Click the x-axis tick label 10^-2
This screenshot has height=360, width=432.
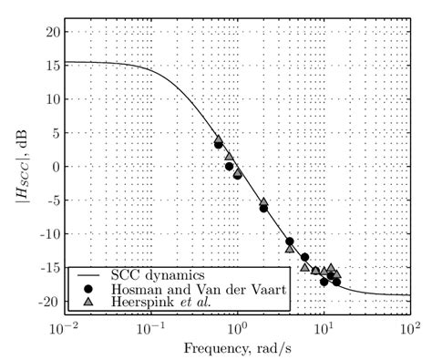pyautogui.click(x=64, y=326)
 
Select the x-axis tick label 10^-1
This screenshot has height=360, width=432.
pyautogui.click(x=150, y=326)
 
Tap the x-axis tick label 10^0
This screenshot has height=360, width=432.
pyautogui.click(x=236, y=326)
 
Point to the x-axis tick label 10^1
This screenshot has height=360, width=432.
pyautogui.click(x=323, y=326)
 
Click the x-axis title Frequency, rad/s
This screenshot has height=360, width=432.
pyautogui.click(x=236, y=349)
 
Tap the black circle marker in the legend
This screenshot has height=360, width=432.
pyautogui.click(x=89, y=286)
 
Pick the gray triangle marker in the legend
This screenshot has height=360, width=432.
pyautogui.click(x=89, y=299)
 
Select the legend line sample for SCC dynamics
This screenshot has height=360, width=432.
pyautogui.click(x=89, y=273)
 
